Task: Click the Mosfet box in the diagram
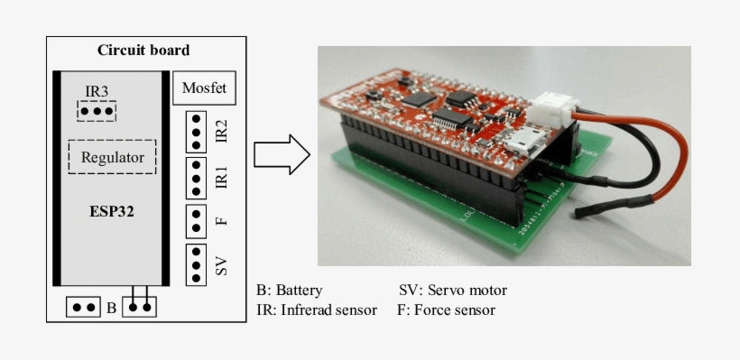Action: [203, 88]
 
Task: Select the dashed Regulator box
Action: [113, 157]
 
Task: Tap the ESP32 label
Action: [112, 214]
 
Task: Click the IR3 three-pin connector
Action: [97, 111]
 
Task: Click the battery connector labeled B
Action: [83, 307]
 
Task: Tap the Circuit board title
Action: [143, 50]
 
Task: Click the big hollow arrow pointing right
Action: [281, 154]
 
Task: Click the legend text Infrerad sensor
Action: [328, 310]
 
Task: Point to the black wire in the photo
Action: [623, 171]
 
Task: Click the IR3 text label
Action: [97, 91]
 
